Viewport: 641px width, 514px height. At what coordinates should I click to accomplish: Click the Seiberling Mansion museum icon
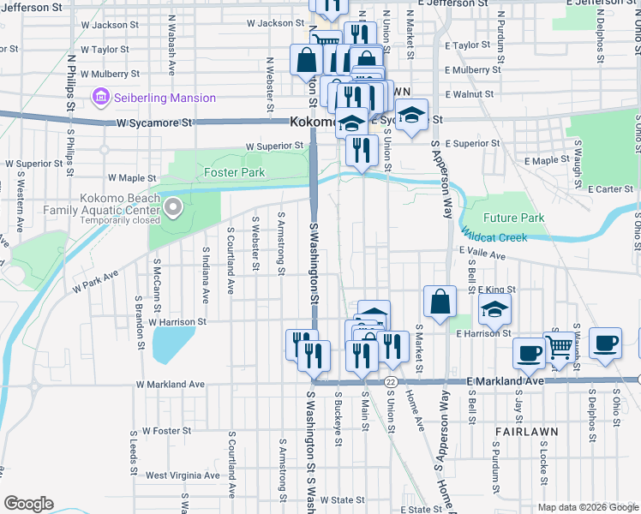pyautogui.click(x=101, y=98)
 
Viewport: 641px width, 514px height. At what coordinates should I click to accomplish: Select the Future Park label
pyautogui.click(x=513, y=218)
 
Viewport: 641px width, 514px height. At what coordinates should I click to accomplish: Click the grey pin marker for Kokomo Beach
pyautogui.click(x=174, y=206)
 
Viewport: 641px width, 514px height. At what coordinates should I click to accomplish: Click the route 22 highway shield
pyautogui.click(x=390, y=380)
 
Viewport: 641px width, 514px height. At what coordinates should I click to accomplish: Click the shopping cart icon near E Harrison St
pyautogui.click(x=559, y=348)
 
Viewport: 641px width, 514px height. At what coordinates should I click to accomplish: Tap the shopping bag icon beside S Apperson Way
pyautogui.click(x=440, y=302)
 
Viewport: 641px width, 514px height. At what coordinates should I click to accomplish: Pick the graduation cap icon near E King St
pyautogui.click(x=494, y=309)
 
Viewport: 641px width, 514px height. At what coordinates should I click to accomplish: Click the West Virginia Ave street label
pyautogui.click(x=182, y=475)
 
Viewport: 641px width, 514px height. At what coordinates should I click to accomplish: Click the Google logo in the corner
pyautogui.click(x=28, y=504)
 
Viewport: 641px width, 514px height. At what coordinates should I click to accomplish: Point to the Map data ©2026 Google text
pyautogui.click(x=588, y=507)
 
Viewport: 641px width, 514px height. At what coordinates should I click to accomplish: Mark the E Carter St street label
pyautogui.click(x=610, y=188)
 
